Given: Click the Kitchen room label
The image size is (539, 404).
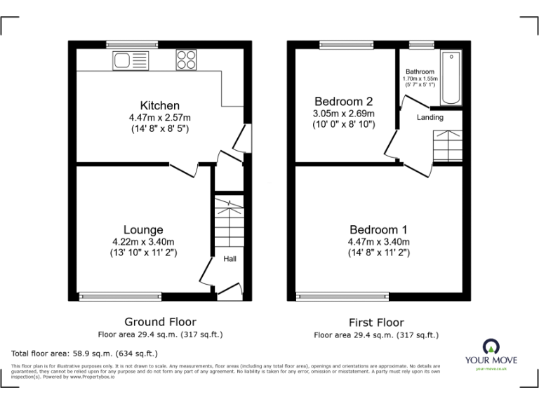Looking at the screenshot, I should [159, 106].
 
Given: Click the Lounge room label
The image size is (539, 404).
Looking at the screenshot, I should [143, 229].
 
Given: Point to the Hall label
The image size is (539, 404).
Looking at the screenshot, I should [229, 260].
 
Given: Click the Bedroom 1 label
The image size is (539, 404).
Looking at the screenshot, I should [378, 229].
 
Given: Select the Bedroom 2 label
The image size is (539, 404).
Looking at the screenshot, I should [343, 100].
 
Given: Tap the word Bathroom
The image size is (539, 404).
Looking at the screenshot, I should [420, 72].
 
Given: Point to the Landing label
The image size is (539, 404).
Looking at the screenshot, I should [430, 117].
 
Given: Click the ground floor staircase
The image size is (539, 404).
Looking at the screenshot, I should [228, 222].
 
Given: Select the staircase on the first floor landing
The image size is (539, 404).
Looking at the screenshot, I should [446, 145].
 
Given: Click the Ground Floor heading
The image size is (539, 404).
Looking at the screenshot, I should [160, 322].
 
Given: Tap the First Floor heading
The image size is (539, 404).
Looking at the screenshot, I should [376, 323].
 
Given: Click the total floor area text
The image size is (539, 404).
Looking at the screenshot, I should [85, 353].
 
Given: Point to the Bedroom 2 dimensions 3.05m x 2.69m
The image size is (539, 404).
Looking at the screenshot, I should [343, 114].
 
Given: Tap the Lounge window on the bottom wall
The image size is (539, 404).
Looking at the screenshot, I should [110, 296].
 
